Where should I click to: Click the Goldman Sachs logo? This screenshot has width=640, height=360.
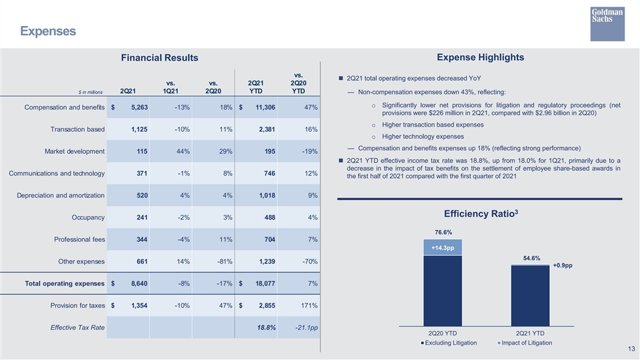pos(607,24)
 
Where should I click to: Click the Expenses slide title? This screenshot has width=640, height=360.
pos(48,31)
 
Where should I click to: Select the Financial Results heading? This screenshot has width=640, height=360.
pos(159,57)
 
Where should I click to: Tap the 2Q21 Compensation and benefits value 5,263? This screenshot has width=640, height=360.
pos(139,107)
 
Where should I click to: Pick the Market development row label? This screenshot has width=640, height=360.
pos(75,151)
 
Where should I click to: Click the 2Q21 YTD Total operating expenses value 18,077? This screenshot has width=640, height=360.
pos(265,284)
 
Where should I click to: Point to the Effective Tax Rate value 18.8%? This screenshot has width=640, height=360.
pos(266,328)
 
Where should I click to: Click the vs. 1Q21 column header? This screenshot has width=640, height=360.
pos(171,87)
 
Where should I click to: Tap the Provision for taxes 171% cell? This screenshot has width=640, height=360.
pos(309,306)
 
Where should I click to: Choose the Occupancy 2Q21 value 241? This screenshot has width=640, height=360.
pos(142,217)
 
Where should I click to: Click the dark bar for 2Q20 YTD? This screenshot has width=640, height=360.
pos(443,291)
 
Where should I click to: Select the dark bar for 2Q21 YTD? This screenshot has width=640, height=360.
pos(530,296)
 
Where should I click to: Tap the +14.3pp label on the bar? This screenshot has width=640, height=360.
pos(443,248)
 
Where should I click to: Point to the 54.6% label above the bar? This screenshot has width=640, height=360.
pos(531,259)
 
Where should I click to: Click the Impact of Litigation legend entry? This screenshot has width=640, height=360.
pos(525,343)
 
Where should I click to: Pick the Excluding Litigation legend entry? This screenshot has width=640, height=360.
pos(449,343)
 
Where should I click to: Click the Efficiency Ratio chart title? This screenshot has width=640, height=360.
pos(481,213)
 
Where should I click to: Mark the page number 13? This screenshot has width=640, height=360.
pos(631,349)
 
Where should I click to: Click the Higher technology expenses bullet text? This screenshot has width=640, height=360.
pos(423,137)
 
